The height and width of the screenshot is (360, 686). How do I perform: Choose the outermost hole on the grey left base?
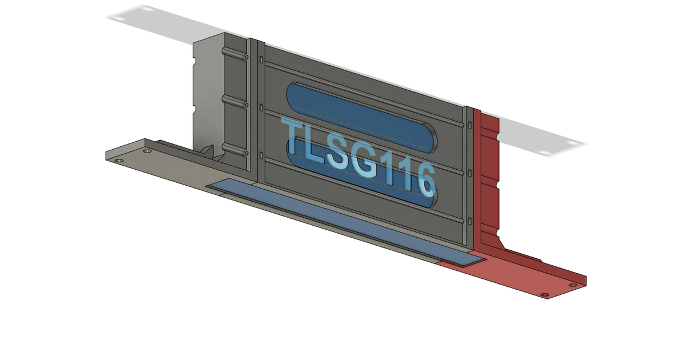pos(119,161)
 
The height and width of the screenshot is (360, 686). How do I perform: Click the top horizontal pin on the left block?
pos(234,54)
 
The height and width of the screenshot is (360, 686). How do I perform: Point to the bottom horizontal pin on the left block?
pos(234,150)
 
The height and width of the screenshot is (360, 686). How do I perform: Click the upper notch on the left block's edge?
pos(196,61)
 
